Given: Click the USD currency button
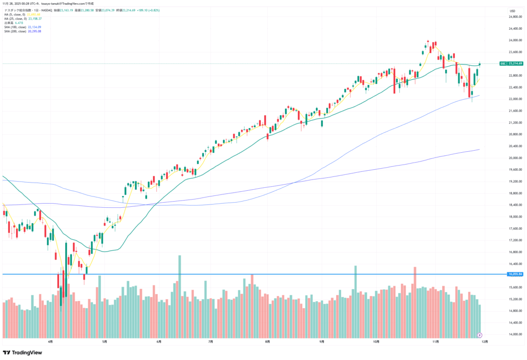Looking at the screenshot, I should (512, 11).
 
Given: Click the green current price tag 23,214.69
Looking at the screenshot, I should (515, 64).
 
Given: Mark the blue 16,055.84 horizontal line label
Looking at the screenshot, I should (515, 274).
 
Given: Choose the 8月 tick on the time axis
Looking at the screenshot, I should (267, 340).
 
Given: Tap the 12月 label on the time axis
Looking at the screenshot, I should (484, 340).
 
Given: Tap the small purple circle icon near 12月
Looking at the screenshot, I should (479, 334).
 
